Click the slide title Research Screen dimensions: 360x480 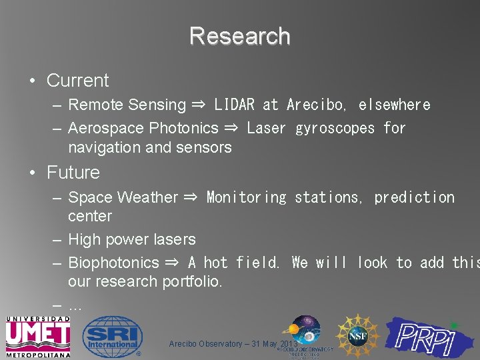pos(239,36)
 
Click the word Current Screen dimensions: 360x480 pos(77,81)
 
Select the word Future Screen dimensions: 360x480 pos(73,173)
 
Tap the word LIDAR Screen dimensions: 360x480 pos(234,105)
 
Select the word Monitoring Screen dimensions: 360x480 pos(246,197)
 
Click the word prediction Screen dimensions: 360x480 pos(414,197)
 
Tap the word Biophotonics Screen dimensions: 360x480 pos(114,263)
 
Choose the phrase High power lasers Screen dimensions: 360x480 pos(132,239)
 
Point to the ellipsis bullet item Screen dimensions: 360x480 pos(75,305)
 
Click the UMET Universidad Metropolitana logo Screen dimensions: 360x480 pos(38,337)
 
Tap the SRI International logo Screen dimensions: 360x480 pos(113,337)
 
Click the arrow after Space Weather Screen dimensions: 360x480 pos(190,197)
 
